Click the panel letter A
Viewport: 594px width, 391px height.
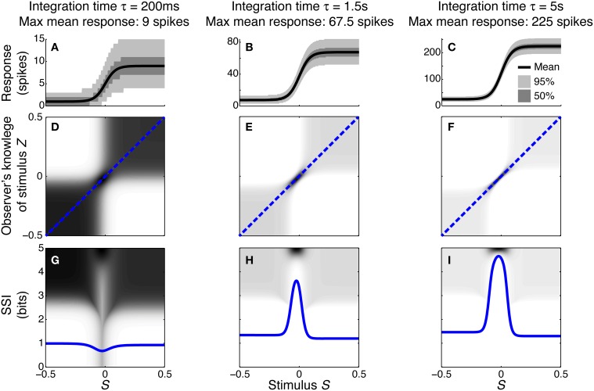(55, 48)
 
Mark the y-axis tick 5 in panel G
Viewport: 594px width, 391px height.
(40, 249)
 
